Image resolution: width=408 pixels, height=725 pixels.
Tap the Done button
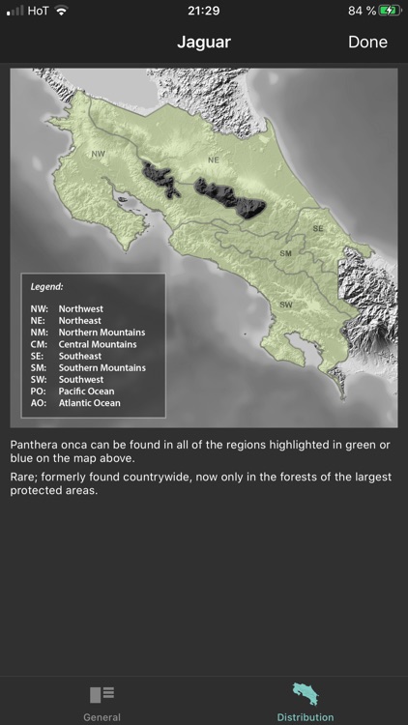pyautogui.click(x=367, y=42)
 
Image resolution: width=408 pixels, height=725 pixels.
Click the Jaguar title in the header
pyautogui.click(x=203, y=42)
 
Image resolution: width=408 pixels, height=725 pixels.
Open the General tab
pyautogui.click(x=102, y=702)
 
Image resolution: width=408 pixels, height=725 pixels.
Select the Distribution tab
pyautogui.click(x=306, y=702)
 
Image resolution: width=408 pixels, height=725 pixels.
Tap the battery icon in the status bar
pyautogui.click(x=389, y=11)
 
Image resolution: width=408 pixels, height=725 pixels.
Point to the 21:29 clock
pyautogui.click(x=204, y=11)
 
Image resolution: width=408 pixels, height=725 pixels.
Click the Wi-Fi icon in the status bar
pyautogui.click(x=62, y=11)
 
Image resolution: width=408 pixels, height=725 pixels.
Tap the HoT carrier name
pyautogui.click(x=39, y=11)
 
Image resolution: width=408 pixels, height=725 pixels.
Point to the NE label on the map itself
pyautogui.click(x=214, y=159)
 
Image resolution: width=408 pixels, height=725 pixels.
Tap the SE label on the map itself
pyautogui.click(x=317, y=228)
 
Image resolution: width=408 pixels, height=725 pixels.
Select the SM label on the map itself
pyautogui.click(x=285, y=253)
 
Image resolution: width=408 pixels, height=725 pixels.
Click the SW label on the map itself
pyautogui.click(x=286, y=304)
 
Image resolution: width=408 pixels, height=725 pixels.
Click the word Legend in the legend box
pyautogui.click(x=47, y=287)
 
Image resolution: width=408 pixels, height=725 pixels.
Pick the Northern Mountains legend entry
pyautogui.click(x=102, y=333)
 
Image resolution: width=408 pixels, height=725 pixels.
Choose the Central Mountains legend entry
pyautogui.click(x=97, y=344)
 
